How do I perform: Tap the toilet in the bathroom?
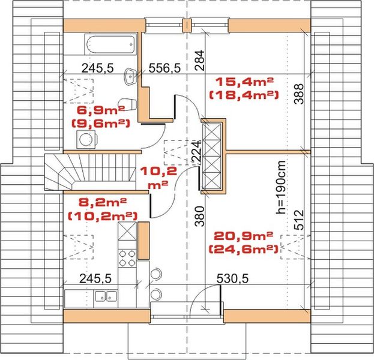[x=124, y=102]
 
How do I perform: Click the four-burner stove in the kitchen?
[x=127, y=259]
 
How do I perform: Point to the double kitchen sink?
[x=106, y=295]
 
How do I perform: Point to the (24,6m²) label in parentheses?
[x=243, y=248]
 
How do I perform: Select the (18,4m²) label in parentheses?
[x=243, y=95]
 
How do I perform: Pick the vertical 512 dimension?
[x=299, y=220]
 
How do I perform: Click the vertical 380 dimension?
[x=201, y=215]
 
